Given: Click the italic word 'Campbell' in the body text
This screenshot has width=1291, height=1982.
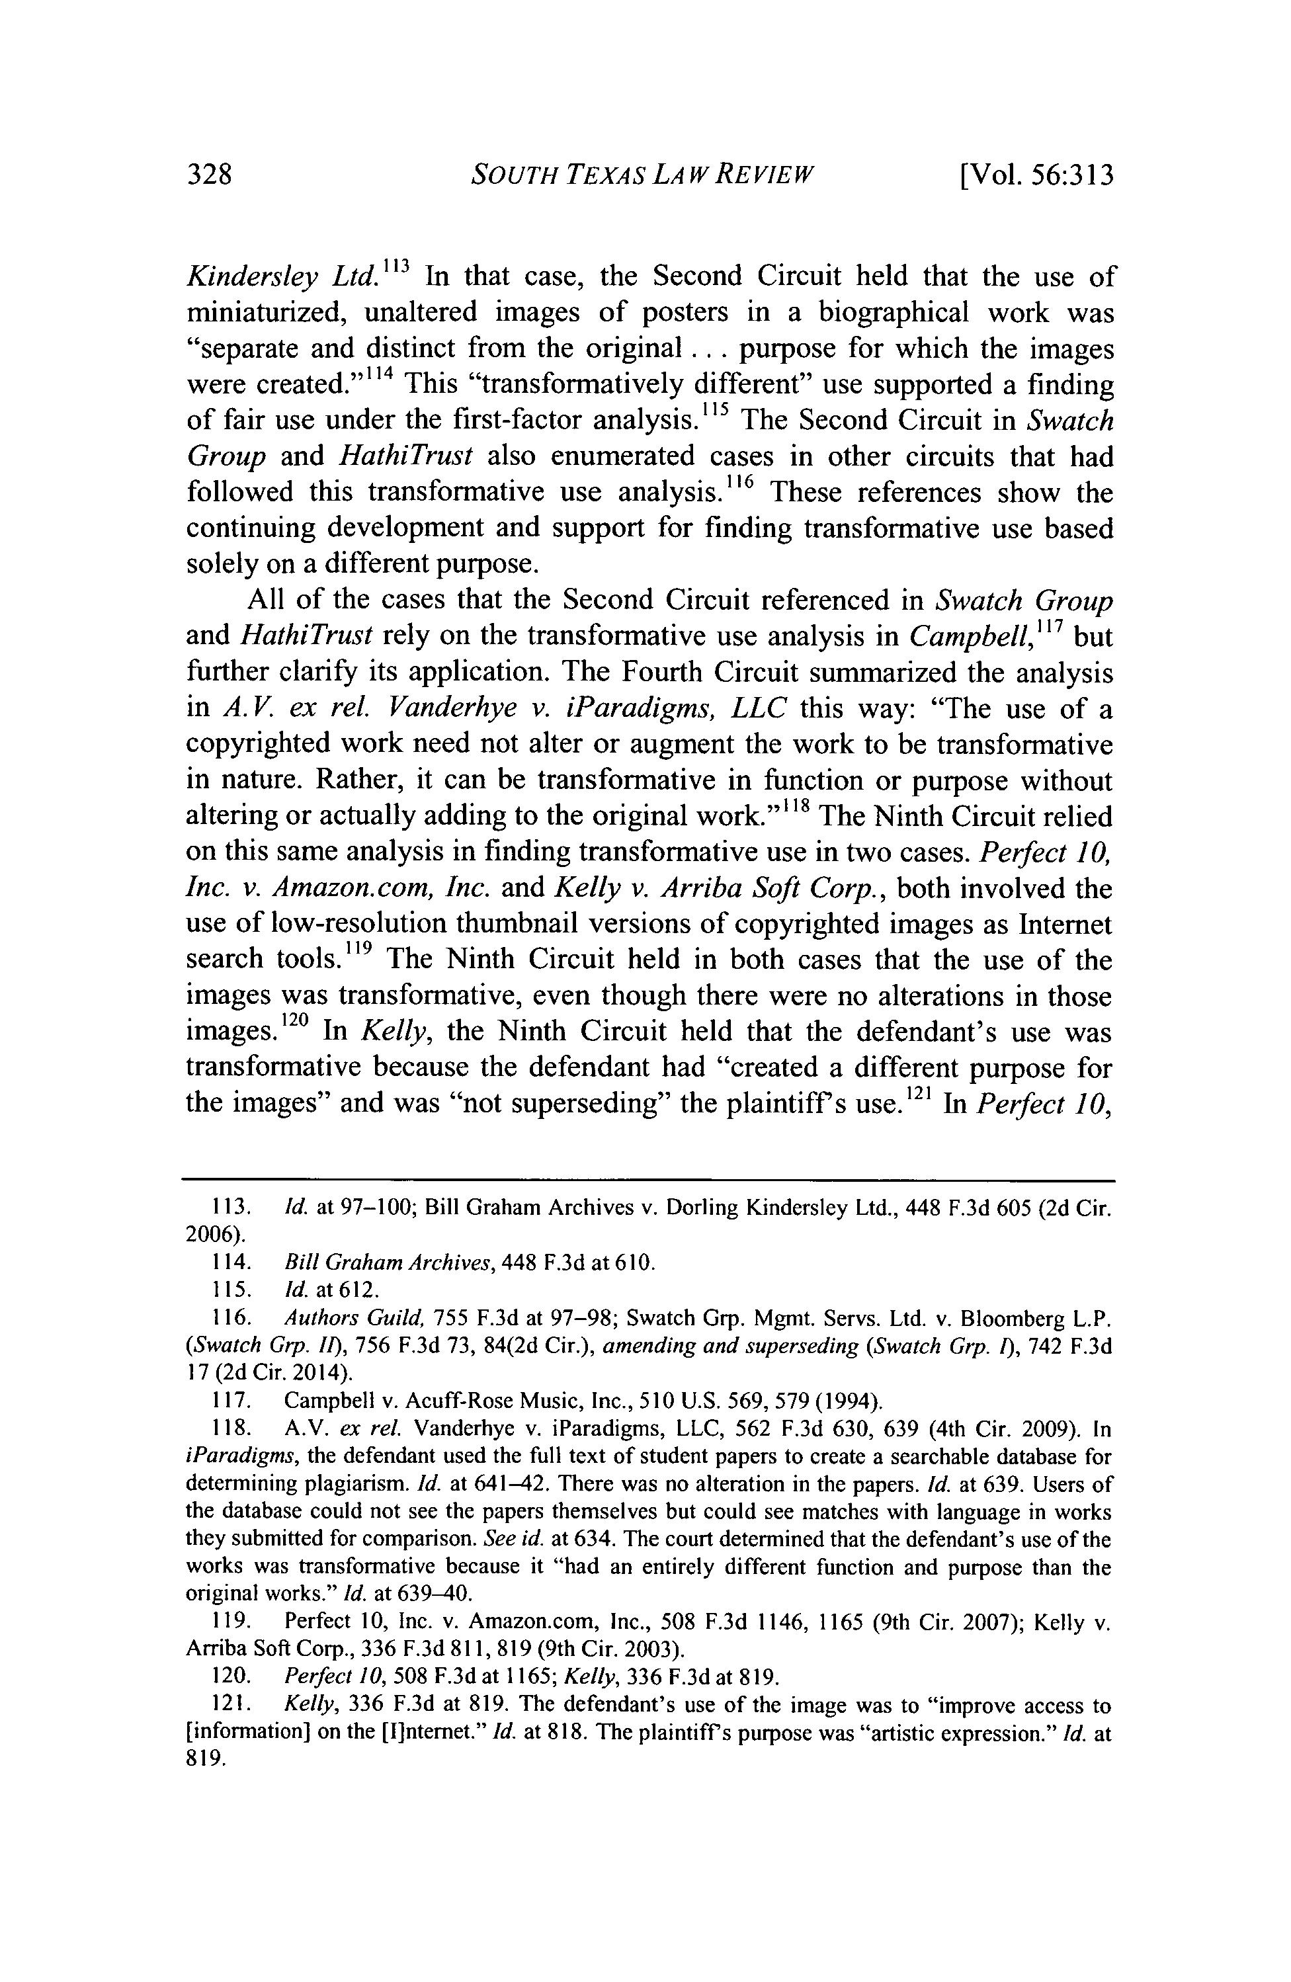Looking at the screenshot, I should (948, 637).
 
